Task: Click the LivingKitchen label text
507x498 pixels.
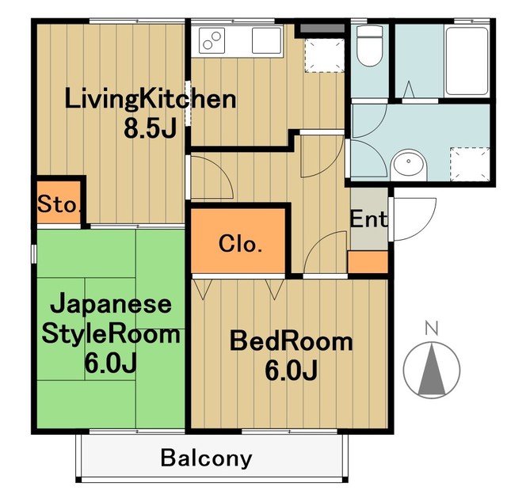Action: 151,101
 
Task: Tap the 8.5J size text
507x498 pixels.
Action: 151,128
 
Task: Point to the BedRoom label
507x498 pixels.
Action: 291,342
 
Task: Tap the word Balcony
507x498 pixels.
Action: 206,458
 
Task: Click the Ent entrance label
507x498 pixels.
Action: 368,219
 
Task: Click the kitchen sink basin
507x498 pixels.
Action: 262,40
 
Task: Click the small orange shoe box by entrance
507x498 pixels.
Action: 368,261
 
